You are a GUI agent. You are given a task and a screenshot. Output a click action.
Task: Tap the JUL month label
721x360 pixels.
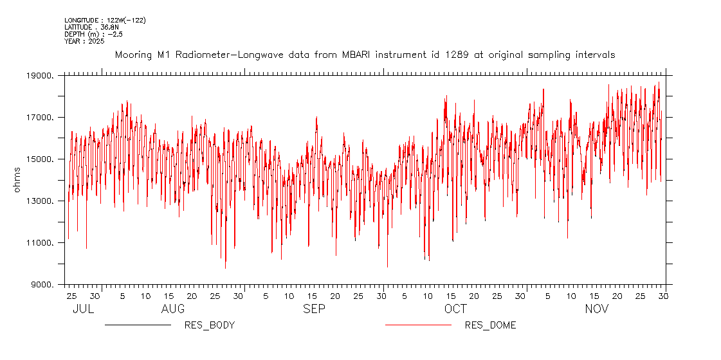point(83,309)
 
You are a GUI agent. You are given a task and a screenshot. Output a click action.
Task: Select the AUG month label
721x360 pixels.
point(172,309)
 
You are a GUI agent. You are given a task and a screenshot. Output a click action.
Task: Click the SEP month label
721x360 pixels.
point(314,309)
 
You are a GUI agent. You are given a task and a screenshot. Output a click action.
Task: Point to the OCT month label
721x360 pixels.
point(455,309)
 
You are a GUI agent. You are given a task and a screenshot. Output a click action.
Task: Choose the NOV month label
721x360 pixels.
point(596,309)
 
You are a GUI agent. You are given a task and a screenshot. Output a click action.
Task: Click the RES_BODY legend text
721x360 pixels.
point(209,325)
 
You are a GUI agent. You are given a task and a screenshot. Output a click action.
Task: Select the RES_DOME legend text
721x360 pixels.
point(490,325)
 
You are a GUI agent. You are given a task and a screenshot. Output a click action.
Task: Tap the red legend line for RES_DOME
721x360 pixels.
point(418,325)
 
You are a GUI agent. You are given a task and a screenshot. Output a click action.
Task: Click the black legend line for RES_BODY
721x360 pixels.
point(138,325)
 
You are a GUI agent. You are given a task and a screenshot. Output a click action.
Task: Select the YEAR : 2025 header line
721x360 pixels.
point(84,41)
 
